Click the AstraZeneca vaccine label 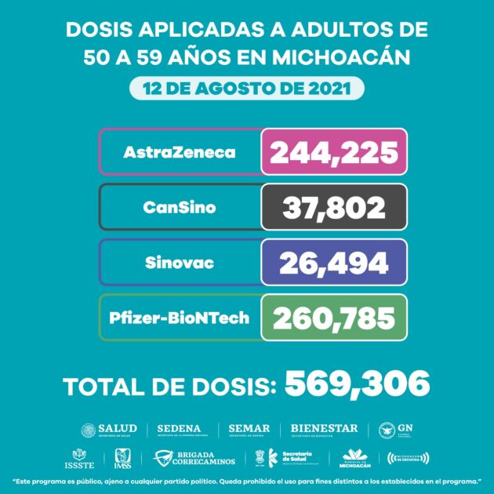click(x=180, y=152)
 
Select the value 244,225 click(x=334, y=152)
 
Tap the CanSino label click(x=180, y=208)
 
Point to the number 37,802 click(x=334, y=208)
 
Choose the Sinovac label click(x=180, y=263)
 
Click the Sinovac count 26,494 click(x=334, y=263)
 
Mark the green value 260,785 click(x=334, y=318)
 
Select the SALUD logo click(x=109, y=430)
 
